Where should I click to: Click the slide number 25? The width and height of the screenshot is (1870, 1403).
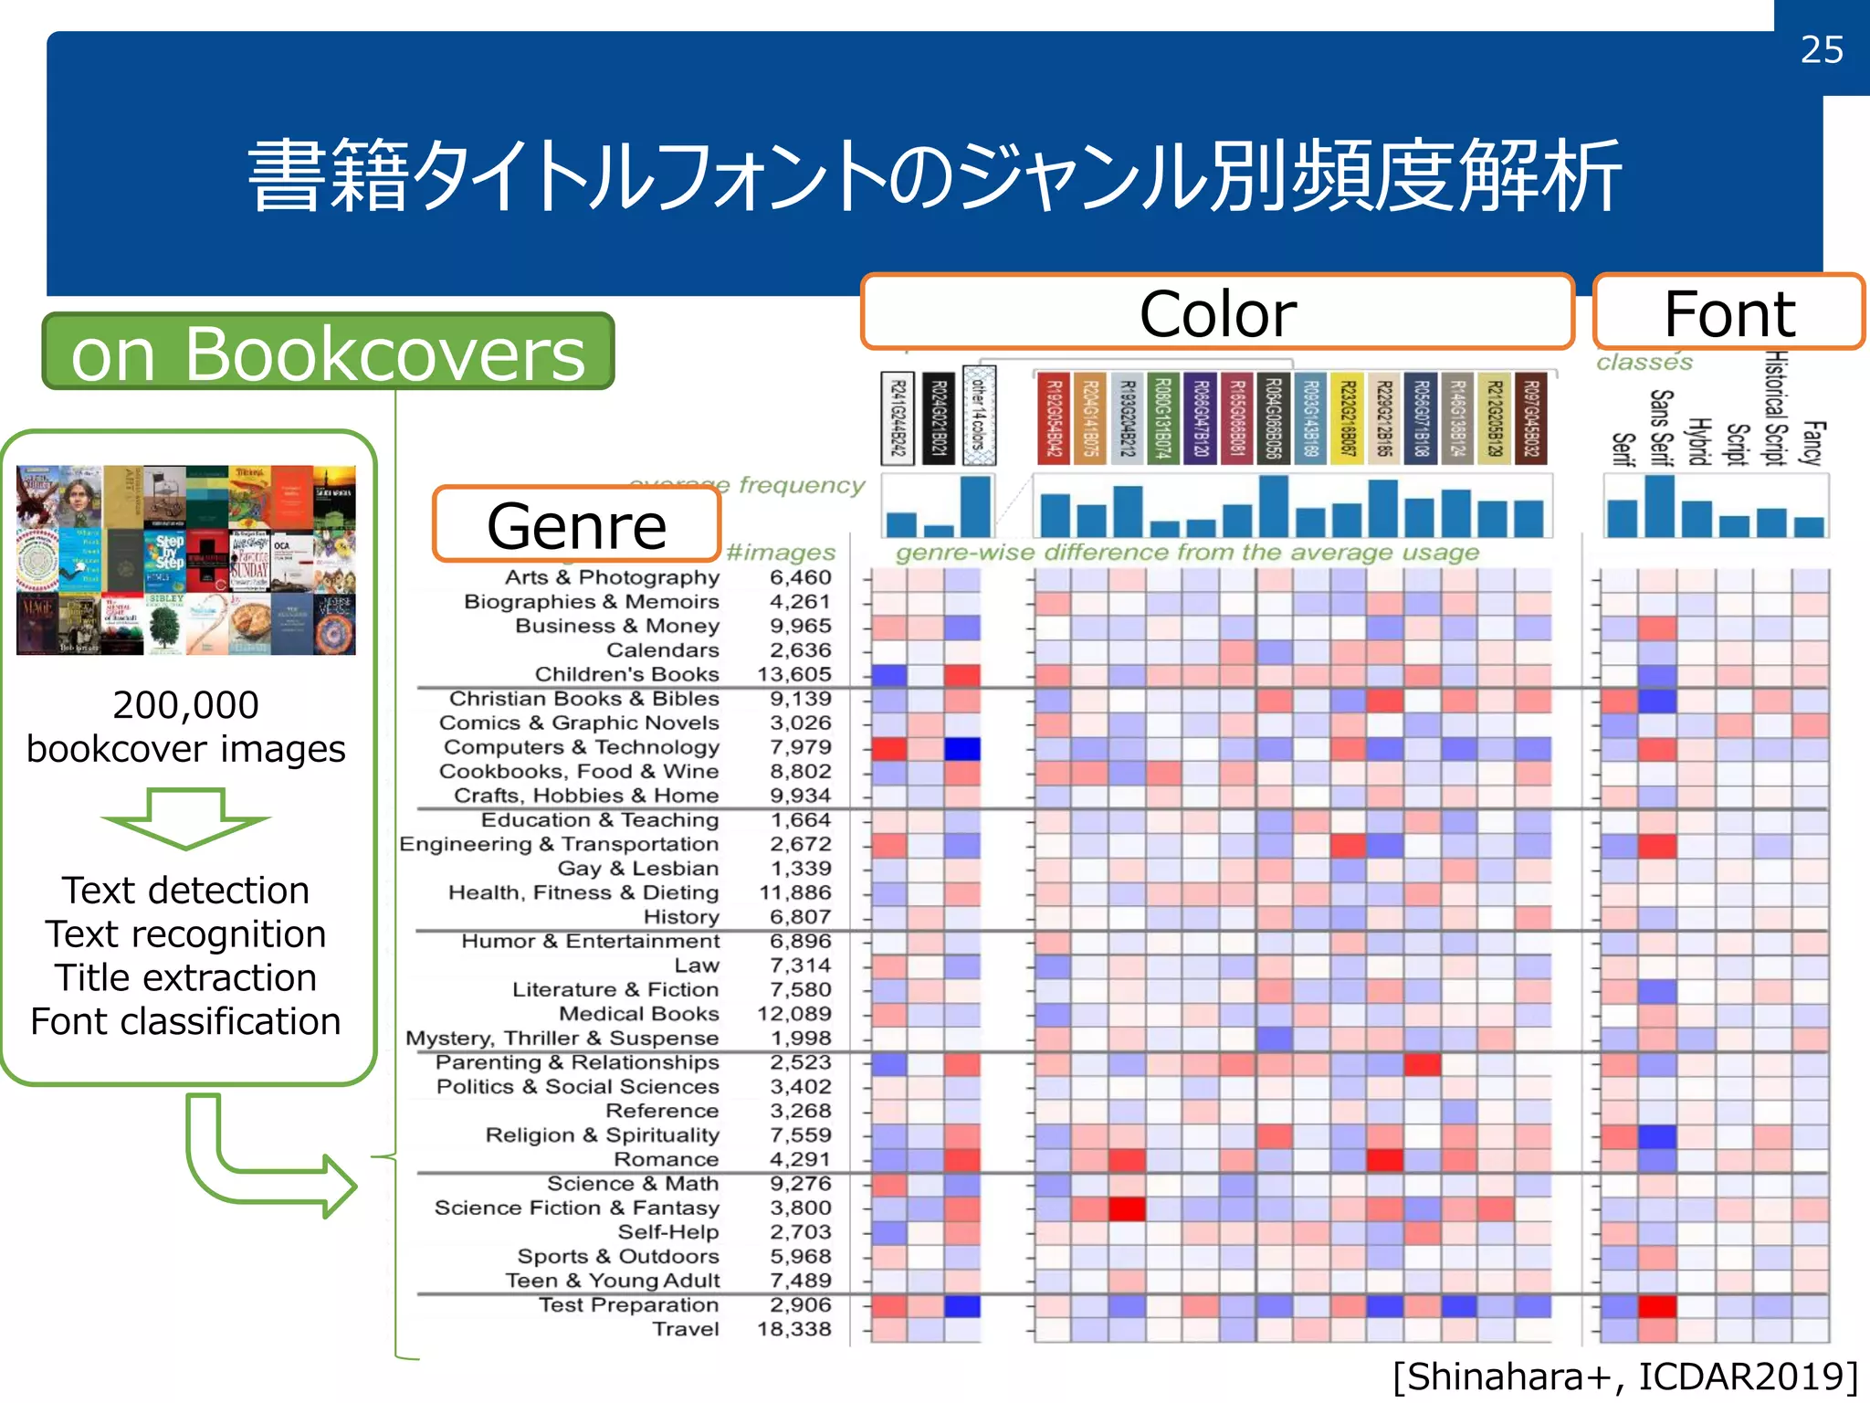pos(1822,49)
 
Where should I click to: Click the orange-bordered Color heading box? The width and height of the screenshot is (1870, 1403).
pos(1217,312)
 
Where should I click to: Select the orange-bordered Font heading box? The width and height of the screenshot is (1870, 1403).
pos(1728,312)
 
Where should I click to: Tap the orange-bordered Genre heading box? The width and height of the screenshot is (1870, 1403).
pos(576,525)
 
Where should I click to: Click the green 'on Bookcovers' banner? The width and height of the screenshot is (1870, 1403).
pos(328,353)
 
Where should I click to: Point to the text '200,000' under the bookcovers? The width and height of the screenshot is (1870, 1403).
pos(185,704)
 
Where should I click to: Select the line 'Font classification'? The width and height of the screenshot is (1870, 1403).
pos(185,1021)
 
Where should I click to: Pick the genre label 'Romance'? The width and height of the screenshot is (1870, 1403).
pos(666,1159)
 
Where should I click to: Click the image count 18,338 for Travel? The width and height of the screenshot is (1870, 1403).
pos(793,1329)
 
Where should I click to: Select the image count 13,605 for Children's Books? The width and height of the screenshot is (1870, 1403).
pos(793,674)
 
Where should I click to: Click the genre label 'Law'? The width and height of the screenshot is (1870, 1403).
pos(697,965)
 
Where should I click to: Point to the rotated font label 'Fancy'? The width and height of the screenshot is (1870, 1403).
pos(1813,443)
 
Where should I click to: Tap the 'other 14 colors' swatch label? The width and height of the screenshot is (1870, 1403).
pos(978,416)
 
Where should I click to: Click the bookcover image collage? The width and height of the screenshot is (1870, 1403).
pos(186,560)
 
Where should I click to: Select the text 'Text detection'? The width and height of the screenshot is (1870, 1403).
pos(185,890)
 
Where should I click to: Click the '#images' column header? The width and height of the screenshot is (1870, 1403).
pos(781,553)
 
